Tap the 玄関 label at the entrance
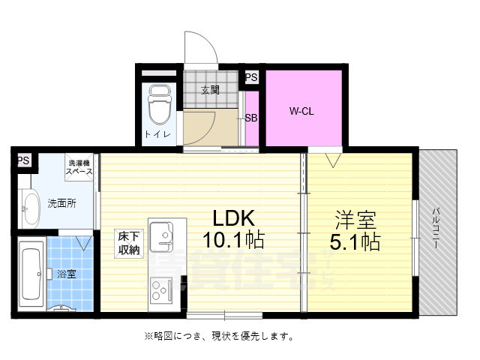click(210, 90)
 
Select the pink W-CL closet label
click(301, 112)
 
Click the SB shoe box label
click(252, 118)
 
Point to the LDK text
click(235, 219)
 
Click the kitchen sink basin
click(161, 238)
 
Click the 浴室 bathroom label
click(67, 274)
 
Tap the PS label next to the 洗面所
click(23, 160)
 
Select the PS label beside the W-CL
click(251, 77)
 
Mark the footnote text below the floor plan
click(213, 335)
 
